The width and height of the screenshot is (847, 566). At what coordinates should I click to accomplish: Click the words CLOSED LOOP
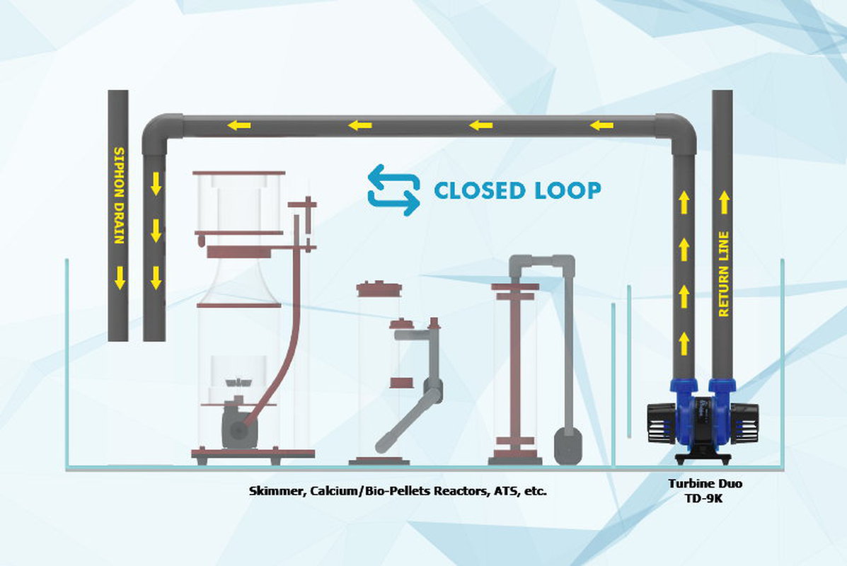pos(517,190)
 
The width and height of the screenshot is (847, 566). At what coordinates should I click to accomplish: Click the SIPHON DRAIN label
pos(119,195)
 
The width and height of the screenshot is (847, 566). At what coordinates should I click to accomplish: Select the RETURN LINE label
pos(723,274)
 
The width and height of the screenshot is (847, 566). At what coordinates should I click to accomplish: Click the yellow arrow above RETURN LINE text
pos(724,202)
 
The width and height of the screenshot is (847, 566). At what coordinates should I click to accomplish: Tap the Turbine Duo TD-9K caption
pos(704,490)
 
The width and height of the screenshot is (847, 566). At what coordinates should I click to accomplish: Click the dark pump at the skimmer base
pos(237,427)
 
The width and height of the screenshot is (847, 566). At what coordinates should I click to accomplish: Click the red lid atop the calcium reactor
pos(379,289)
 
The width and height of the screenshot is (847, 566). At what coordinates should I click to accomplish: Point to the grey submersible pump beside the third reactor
pos(567,446)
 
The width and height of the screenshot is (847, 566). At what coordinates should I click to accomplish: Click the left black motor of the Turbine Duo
pos(661,423)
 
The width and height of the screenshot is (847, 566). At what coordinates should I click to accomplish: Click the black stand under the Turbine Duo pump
pos(703,457)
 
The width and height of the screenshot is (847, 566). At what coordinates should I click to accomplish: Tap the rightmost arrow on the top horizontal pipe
pos(601,126)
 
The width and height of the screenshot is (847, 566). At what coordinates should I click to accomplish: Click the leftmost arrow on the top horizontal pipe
pos(238,126)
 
